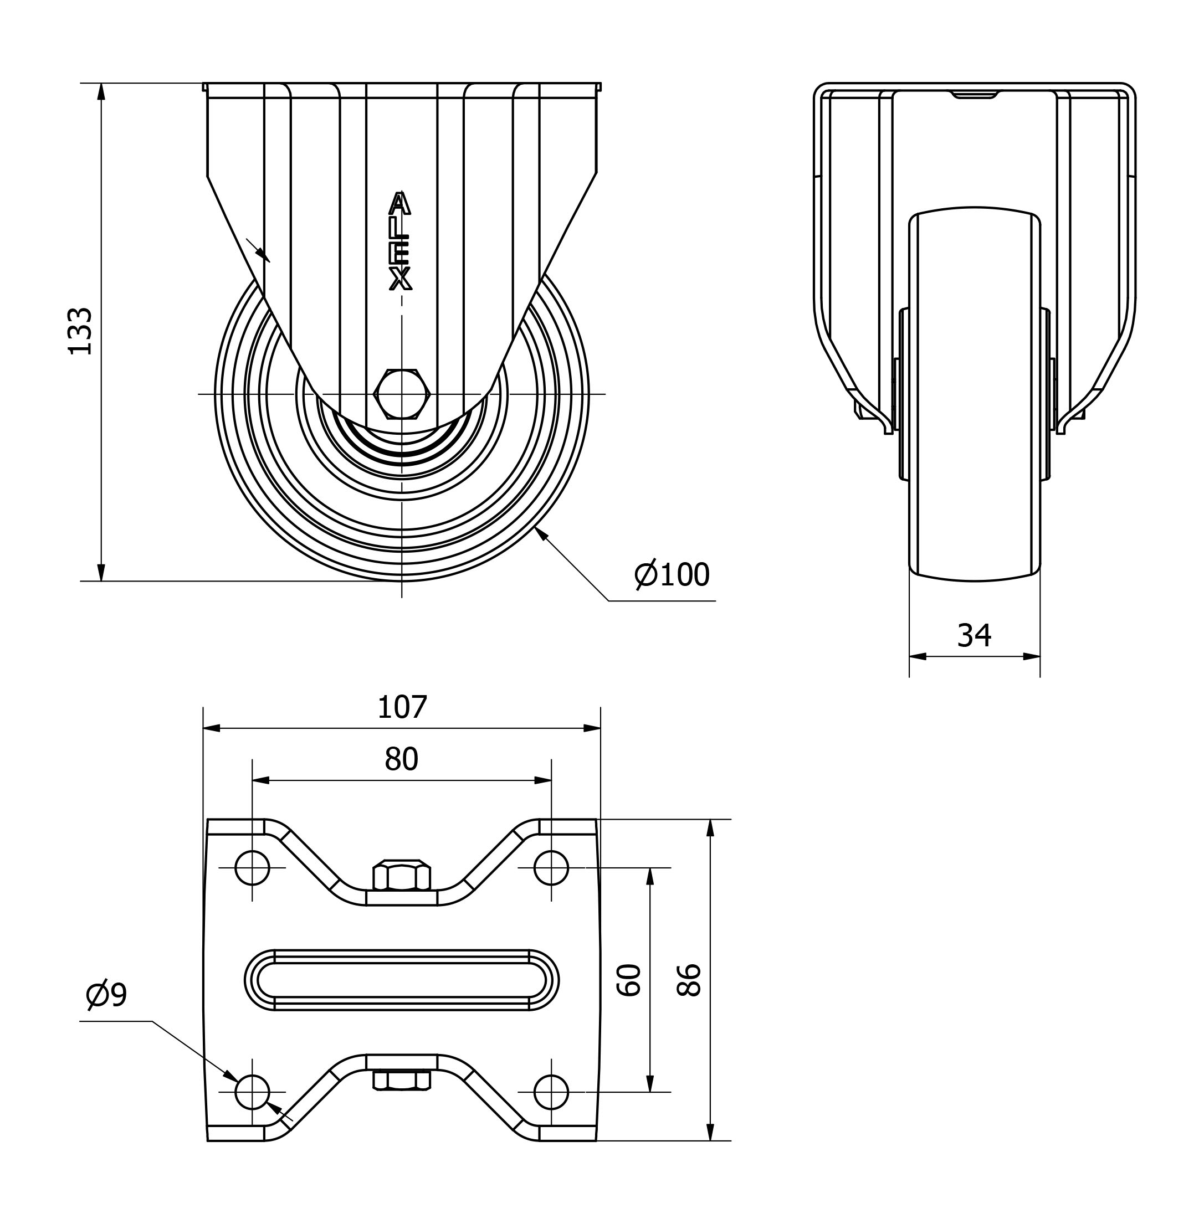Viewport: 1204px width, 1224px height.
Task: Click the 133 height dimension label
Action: tap(80, 331)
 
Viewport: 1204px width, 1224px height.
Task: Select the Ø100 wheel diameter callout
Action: tap(672, 574)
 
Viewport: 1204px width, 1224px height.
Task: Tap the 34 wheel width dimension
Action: tap(974, 635)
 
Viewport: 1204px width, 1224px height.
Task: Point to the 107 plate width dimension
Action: tap(402, 707)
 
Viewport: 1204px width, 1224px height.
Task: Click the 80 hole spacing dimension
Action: tap(402, 759)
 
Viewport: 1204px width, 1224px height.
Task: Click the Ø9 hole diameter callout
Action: tap(106, 995)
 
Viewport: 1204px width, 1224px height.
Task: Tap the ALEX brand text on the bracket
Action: tap(400, 241)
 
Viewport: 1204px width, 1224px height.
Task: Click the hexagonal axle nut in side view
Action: tap(402, 394)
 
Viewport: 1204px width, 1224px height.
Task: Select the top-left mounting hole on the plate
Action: tap(252, 867)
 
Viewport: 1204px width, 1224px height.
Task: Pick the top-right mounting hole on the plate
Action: tap(551, 867)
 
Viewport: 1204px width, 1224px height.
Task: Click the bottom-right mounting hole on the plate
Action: tap(551, 1092)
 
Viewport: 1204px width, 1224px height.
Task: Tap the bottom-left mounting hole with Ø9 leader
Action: tap(252, 1092)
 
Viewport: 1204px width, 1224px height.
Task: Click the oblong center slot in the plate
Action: tap(402, 980)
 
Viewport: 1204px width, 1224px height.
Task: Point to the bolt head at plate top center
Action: tap(402, 876)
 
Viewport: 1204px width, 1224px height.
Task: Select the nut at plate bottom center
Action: tap(402, 1081)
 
